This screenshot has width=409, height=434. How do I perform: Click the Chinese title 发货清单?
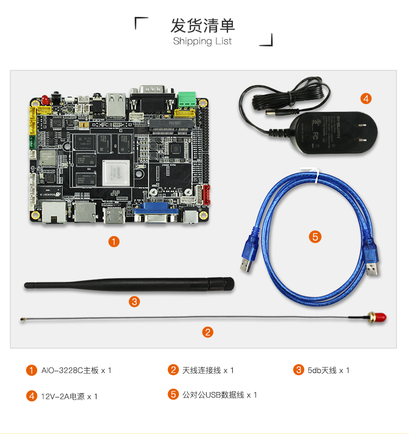pos(203,26)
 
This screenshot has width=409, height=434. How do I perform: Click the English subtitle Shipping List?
pos(202,41)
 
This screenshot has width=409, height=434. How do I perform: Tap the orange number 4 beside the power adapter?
pos(366,99)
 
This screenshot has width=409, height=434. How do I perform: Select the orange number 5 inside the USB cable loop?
pos(315,237)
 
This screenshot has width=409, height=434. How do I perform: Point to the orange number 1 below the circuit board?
pos(114,242)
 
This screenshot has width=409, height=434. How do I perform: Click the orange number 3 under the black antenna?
pos(134,302)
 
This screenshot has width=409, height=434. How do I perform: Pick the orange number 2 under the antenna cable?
pos(208,332)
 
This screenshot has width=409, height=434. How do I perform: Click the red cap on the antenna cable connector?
pos(381,317)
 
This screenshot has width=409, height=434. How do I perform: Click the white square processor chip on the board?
pos(116,173)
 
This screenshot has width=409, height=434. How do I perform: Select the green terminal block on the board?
pos(187,99)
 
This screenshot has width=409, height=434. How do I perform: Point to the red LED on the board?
pos(45,99)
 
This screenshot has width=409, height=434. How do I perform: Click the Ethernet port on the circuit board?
pos(54,212)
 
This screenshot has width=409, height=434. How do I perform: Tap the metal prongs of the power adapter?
pos(362,132)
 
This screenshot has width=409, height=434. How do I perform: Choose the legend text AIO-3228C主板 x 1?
pos(76,370)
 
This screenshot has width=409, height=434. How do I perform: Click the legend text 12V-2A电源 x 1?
pos(69,396)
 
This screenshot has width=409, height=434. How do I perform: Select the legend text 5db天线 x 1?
pos(328,370)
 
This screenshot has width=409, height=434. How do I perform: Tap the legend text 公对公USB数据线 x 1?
pos(220,395)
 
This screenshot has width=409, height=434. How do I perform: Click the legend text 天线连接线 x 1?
pos(208,370)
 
